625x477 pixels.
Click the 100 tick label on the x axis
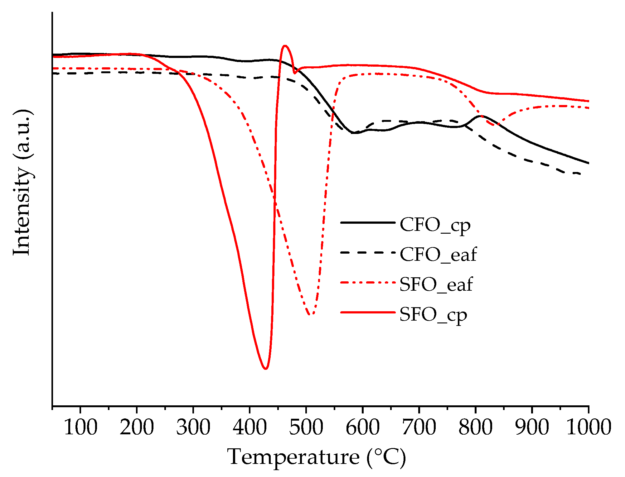80,427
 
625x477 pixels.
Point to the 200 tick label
137,427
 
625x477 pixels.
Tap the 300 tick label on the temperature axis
193,427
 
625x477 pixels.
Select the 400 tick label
250,427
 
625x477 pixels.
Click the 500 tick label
306,427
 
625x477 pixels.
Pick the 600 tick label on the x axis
362,427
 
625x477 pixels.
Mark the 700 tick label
419,427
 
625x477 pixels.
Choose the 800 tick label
475,427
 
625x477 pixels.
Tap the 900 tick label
532,427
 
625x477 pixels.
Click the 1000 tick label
588,427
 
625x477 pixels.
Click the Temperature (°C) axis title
316,457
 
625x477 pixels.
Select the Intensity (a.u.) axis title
22,183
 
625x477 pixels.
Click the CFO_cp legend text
435,225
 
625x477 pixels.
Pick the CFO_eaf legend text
438,255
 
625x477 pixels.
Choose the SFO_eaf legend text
436,284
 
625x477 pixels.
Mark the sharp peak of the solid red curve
285,46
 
